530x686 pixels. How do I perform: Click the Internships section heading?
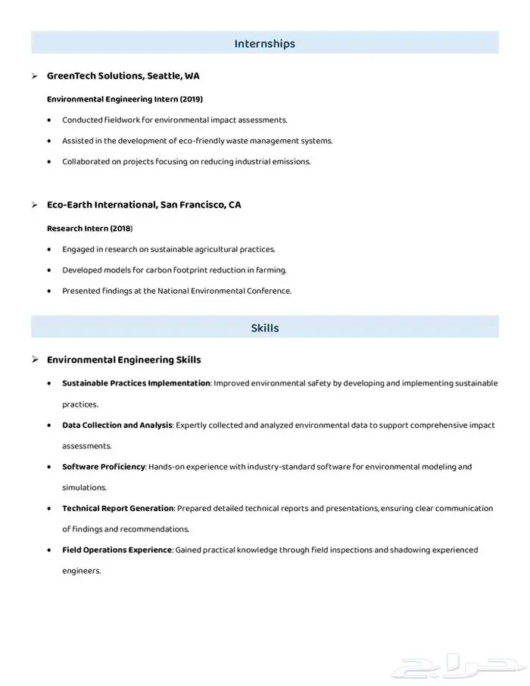264,44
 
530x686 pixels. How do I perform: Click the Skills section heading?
264,328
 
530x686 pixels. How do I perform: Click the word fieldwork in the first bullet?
126,120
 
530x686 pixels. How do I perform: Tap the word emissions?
292,161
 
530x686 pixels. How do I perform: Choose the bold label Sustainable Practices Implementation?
136,383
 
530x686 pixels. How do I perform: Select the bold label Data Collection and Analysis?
117,425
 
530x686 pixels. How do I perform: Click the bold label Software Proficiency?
103,466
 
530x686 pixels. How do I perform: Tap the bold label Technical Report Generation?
118,508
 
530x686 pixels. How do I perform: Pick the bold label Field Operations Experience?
117,550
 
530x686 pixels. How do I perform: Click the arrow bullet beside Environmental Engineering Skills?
36,360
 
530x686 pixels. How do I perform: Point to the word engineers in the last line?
80,571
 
